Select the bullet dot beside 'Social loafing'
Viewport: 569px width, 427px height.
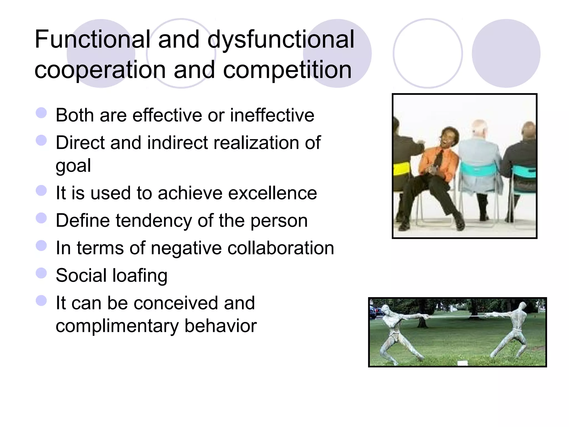coord(41,273)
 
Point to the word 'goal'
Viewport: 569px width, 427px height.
coord(73,166)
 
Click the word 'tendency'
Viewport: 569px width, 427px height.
coord(154,221)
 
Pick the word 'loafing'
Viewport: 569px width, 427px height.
coord(140,275)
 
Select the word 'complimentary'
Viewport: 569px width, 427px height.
coord(117,326)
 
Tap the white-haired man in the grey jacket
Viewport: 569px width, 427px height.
coord(480,161)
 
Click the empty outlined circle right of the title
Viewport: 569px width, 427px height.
coord(428,53)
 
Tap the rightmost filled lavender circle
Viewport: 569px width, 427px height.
coord(506,53)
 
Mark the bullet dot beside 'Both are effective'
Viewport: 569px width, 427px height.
coord(41,113)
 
